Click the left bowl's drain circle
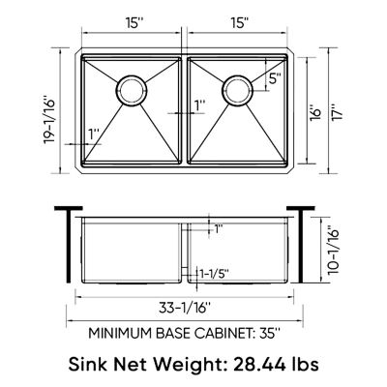131,91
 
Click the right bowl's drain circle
237,91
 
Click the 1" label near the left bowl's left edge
93,133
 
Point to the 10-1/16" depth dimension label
335,249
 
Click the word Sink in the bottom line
90,365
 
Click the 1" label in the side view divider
219,229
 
